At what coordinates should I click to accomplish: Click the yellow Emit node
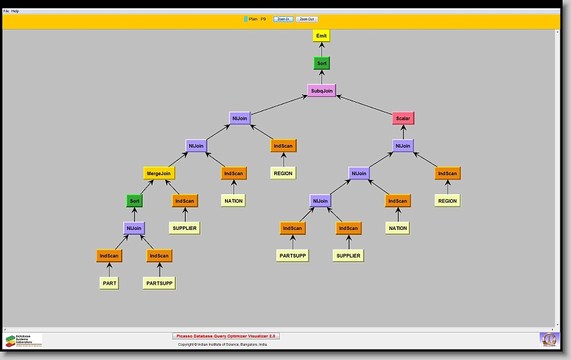coord(321,35)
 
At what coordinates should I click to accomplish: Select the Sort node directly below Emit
coord(321,63)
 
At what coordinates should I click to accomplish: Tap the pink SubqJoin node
coord(321,91)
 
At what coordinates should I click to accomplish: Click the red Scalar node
coord(403,118)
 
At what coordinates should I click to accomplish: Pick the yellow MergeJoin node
coord(158,173)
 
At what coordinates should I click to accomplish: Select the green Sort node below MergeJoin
coord(134,201)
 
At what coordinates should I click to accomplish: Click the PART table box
coord(109,283)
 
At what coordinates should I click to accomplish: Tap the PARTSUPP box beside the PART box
coord(159,283)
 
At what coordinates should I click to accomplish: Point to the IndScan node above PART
coord(109,256)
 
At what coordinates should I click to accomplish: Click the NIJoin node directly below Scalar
coord(403,146)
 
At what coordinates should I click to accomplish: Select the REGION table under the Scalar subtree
coord(447,201)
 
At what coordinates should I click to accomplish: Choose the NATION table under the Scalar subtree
coord(397,229)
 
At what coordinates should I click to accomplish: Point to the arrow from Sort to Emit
coord(321,49)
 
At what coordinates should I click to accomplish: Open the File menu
coord(6,11)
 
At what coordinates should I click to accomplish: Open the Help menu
coord(15,11)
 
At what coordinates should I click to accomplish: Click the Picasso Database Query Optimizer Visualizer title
coord(226,337)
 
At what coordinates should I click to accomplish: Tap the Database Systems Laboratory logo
coord(23,341)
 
